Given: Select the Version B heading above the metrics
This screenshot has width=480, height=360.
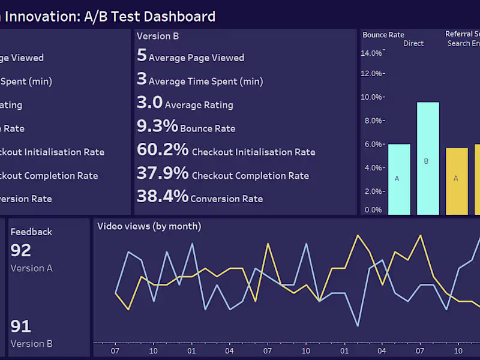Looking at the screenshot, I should pyautogui.click(x=157, y=36).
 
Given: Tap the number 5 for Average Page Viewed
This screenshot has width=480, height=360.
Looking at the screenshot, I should pyautogui.click(x=142, y=56).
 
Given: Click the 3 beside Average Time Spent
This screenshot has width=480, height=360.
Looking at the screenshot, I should pyautogui.click(x=142, y=79).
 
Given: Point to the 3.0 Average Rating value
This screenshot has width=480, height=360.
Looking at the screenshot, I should pyautogui.click(x=149, y=103).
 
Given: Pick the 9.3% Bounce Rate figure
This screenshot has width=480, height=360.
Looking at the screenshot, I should pyautogui.click(x=157, y=126).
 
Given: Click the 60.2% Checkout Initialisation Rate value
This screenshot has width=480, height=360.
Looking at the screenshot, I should pyautogui.click(x=163, y=149).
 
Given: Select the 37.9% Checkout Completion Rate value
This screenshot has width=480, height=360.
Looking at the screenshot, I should pyautogui.click(x=163, y=173).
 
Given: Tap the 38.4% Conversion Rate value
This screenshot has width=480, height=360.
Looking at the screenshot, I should pyautogui.click(x=163, y=196).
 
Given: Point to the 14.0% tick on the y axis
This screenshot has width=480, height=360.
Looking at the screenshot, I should pyautogui.click(x=371, y=53).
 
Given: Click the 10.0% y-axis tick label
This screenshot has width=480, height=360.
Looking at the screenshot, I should pyautogui.click(x=371, y=97).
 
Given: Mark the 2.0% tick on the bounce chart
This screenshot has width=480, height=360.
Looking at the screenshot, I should pyautogui.click(x=373, y=191).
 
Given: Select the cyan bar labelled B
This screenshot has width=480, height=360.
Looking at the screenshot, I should pyautogui.click(x=428, y=158).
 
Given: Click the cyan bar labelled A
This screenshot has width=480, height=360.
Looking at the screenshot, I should pyautogui.click(x=399, y=179).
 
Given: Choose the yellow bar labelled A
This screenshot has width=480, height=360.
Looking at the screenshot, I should pyautogui.click(x=456, y=181).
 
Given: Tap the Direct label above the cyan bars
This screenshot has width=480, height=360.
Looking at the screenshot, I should pyautogui.click(x=413, y=43).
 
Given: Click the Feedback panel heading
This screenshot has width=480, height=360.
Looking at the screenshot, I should pyautogui.click(x=31, y=232).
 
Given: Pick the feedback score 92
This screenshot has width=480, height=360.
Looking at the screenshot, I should pyautogui.click(x=20, y=250).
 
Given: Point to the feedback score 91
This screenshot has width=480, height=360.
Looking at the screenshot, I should pyautogui.click(x=20, y=326).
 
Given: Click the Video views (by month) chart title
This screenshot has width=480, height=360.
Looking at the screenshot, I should pyautogui.click(x=149, y=226).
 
